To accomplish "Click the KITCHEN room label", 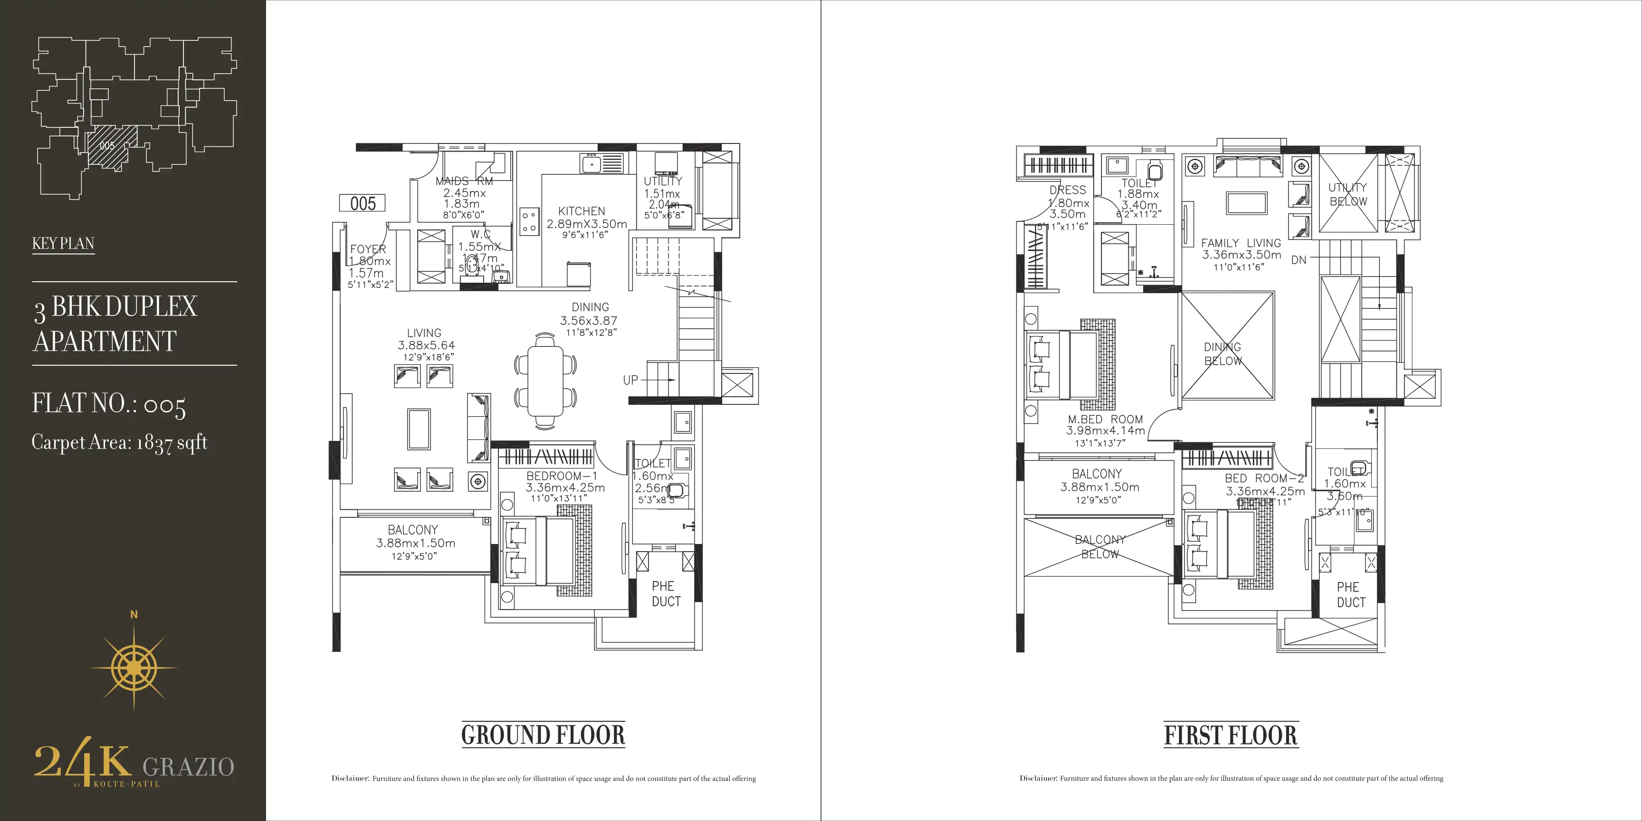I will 582,211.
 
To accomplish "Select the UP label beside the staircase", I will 630,380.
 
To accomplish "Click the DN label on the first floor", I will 1298,260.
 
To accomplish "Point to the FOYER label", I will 368,249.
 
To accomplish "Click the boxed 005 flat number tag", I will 363,203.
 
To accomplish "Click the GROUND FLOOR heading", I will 543,735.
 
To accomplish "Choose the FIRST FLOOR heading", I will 1231,735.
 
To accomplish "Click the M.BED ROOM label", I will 1105,420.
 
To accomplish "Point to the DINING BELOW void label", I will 1222,354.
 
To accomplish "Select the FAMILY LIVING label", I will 1241,243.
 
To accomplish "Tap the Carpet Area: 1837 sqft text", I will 120,442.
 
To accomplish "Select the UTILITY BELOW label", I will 1347,194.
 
